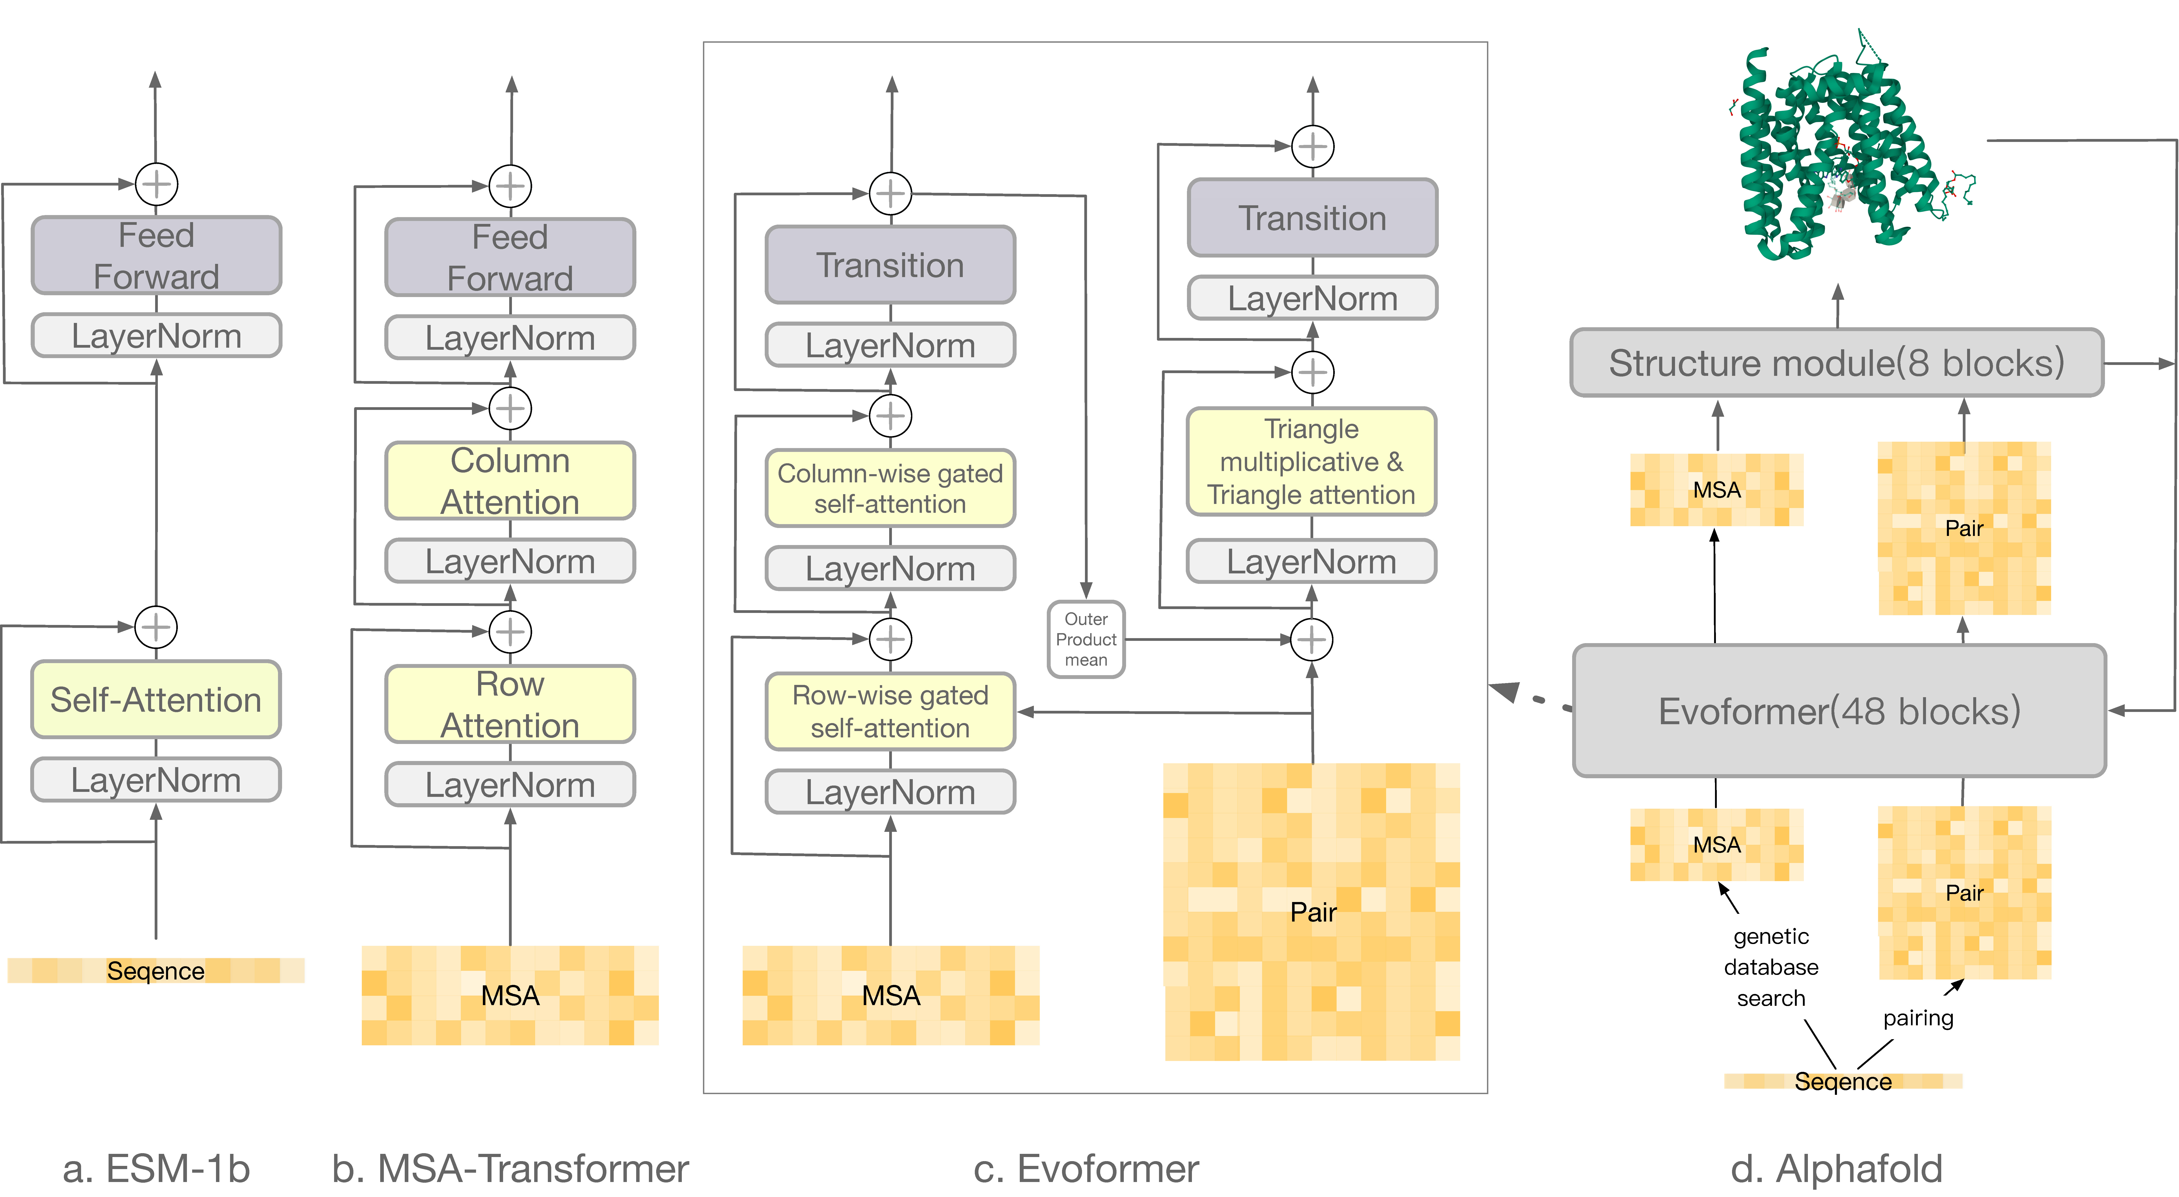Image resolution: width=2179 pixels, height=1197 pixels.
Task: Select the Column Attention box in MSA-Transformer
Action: (510, 481)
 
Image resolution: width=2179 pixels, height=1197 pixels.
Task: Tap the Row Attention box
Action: (510, 704)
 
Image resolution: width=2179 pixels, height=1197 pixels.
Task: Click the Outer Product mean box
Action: (1086, 639)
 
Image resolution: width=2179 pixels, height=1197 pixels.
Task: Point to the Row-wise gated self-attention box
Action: (890, 711)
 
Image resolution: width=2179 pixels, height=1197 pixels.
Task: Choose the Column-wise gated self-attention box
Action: (890, 488)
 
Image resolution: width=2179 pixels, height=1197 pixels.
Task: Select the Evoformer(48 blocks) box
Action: (1839, 711)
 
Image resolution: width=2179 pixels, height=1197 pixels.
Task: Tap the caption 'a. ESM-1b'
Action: (156, 1168)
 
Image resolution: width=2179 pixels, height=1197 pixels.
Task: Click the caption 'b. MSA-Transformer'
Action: (510, 1168)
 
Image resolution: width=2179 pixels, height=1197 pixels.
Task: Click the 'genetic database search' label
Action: (1771, 967)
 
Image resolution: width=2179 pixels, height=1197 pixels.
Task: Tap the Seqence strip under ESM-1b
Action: (156, 970)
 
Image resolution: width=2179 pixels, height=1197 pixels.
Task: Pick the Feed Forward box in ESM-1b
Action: (156, 255)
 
